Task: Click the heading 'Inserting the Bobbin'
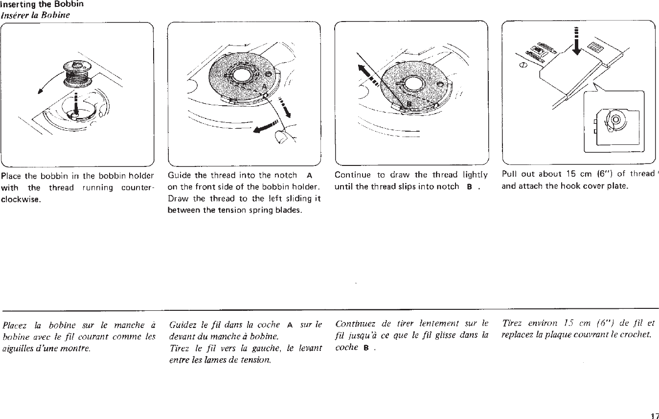coord(42,4)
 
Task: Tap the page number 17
coord(654,416)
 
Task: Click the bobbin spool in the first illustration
coord(76,73)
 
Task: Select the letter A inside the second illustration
coord(264,86)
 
